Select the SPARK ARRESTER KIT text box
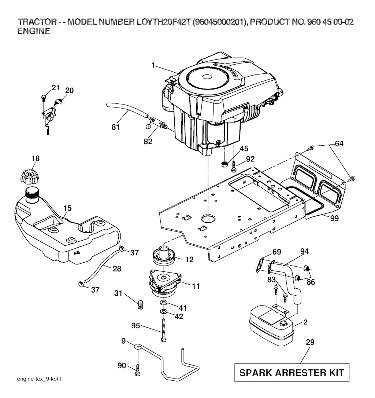292,373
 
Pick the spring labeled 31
140,305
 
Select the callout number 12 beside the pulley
189,259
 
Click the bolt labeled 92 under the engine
234,165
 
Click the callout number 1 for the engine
153,66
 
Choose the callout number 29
310,342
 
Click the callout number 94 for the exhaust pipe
304,251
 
